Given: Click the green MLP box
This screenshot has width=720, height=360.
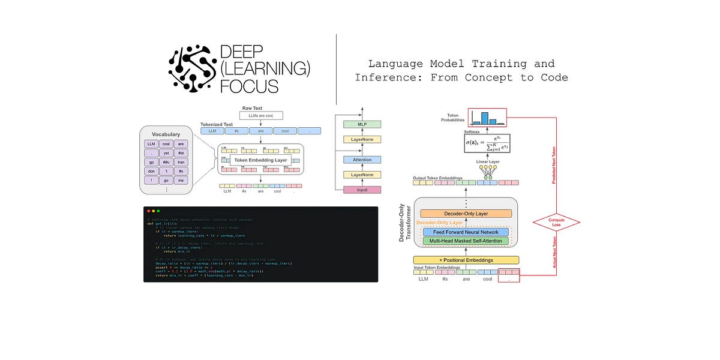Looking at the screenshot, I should coord(362,124).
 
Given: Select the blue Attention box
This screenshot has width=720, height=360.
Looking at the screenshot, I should coord(362,160).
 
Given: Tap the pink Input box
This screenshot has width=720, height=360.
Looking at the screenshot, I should coord(362,190).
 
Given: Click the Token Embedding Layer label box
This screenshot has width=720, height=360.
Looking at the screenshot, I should coord(260,160).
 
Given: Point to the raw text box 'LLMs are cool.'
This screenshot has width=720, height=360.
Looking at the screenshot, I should coord(262,115).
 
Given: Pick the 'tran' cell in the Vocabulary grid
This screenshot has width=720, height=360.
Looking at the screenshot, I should coord(180,161).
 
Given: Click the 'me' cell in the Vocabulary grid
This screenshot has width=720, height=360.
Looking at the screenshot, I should coord(180,179).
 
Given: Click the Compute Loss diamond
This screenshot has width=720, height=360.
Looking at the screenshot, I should coord(556,223).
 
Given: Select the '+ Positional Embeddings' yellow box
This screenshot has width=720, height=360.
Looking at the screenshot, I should coord(466,260).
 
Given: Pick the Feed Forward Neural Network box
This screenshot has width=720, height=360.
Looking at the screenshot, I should coord(466,232).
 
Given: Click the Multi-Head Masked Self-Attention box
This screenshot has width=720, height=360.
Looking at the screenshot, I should coord(466,241).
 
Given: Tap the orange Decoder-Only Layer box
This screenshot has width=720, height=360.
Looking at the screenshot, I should coord(466,213).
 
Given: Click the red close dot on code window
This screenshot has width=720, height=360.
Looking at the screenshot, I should coord(148,211).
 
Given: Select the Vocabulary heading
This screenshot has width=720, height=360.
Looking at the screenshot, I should coord(166,134).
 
